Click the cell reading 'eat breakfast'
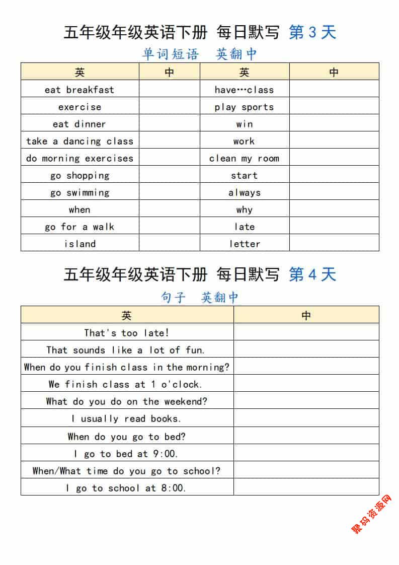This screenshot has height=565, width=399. (79, 90)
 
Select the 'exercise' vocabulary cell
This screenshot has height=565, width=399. (79, 107)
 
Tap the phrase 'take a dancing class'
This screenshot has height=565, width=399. (79, 141)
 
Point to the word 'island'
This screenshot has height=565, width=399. (79, 244)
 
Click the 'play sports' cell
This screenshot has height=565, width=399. (244, 107)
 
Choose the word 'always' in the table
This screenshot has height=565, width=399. (244, 192)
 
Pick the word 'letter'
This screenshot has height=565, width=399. (244, 244)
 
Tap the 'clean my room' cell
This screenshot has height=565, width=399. (244, 158)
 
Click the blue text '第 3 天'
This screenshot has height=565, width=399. (312, 33)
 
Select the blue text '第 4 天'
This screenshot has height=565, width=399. (312, 274)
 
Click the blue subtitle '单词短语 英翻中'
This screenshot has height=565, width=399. (199, 54)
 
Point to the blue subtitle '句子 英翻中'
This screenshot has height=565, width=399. (199, 297)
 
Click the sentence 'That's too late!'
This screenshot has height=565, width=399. (127, 332)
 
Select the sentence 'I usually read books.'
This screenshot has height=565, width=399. (127, 418)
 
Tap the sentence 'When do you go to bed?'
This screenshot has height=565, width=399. (127, 437)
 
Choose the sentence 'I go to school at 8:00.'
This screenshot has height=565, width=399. (127, 488)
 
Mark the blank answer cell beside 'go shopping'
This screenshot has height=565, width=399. (170, 175)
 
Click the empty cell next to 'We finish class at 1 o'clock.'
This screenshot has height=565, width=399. (306, 384)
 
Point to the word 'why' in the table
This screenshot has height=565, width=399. (244, 209)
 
